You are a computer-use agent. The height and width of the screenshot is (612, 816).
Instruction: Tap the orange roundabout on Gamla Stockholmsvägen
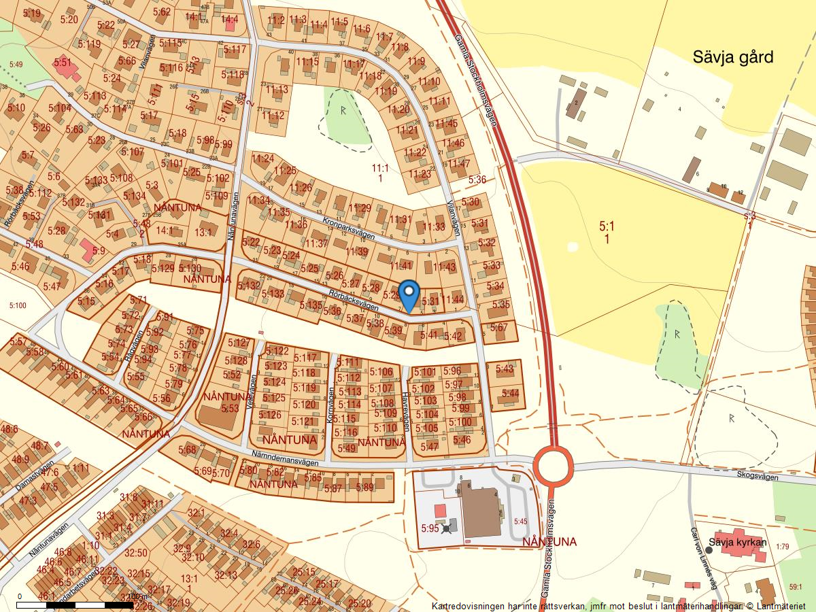553,466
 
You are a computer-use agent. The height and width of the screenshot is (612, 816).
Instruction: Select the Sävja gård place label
733,57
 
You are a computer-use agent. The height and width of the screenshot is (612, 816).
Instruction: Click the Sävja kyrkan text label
737,543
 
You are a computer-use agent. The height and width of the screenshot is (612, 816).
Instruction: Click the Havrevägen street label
405,410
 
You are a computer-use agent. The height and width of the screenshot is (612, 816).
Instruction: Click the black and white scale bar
75,604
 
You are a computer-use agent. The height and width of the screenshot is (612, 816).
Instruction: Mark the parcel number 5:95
430,528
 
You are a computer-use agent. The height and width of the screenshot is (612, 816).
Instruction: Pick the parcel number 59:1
796,587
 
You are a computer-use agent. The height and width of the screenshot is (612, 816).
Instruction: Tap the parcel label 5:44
509,393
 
